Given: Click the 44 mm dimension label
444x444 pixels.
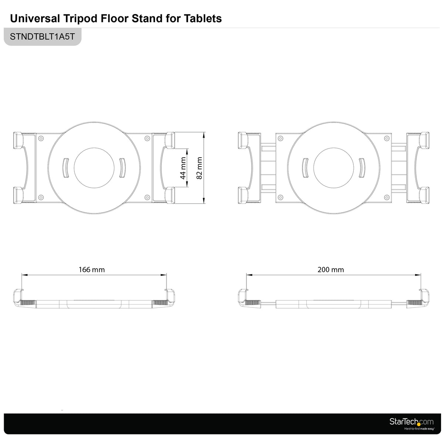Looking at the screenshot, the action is (x=183, y=168).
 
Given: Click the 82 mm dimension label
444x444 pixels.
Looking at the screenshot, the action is (x=199, y=168).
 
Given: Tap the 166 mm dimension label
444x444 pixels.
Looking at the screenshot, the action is (x=92, y=270).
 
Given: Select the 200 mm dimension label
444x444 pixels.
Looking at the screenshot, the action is (x=331, y=270).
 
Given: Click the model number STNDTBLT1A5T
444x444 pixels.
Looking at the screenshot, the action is (x=43, y=37).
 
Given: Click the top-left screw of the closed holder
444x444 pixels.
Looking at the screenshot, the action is (x=41, y=138).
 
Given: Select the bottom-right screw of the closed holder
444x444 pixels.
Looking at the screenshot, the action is (x=147, y=197).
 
